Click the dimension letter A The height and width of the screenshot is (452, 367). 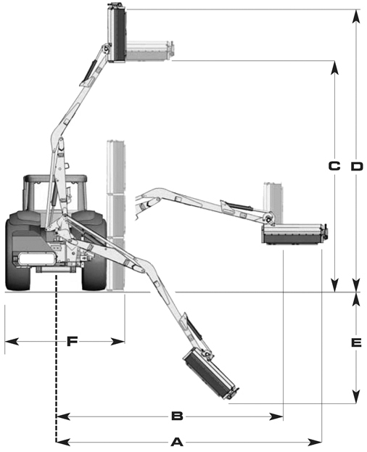(x=177, y=442)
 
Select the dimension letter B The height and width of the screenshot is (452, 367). (x=177, y=416)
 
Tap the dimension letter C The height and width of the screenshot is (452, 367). (x=334, y=166)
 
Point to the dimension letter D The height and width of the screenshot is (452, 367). (x=357, y=166)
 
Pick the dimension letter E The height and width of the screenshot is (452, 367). (x=357, y=342)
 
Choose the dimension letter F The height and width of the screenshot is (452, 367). (x=72, y=342)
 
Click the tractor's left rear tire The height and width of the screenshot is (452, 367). (x=18, y=251)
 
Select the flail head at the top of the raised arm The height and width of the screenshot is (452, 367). (x=117, y=34)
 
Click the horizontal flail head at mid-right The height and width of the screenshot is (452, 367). (x=294, y=234)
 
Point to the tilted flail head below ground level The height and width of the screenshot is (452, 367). (x=211, y=374)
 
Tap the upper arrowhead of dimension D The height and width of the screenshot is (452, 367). (x=357, y=16)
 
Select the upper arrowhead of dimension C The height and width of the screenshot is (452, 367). (x=334, y=67)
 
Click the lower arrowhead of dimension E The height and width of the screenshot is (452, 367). (x=357, y=397)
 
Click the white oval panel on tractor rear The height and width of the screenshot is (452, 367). (x=36, y=258)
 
